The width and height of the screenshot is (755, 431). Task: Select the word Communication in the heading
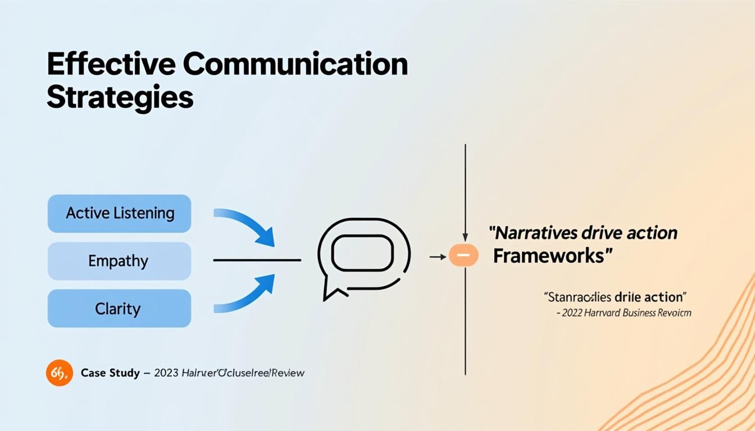click(x=295, y=66)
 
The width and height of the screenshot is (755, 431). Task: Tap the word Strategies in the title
click(x=120, y=98)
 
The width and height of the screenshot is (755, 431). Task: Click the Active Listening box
click(x=119, y=213)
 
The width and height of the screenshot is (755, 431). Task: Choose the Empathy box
click(x=119, y=261)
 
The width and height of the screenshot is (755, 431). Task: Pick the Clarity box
click(x=119, y=308)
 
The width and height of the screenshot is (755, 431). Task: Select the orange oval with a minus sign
click(x=463, y=256)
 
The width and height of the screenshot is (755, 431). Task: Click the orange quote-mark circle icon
click(x=60, y=373)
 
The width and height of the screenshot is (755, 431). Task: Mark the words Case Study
click(x=110, y=373)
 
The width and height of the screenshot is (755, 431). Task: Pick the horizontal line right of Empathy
click(x=257, y=260)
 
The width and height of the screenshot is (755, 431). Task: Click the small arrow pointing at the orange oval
click(x=438, y=256)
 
